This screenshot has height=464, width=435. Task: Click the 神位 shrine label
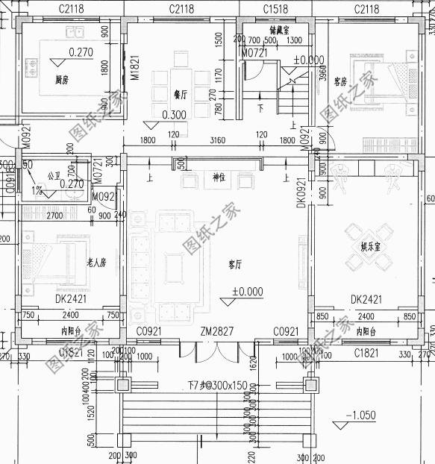pos(218,177)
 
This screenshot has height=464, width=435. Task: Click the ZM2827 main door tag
pos(216,330)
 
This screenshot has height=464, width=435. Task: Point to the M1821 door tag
pos(136,68)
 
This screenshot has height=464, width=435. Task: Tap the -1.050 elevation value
pos(361,415)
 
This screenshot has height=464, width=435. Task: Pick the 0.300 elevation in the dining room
pos(174,115)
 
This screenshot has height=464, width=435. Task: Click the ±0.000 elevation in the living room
pos(247,292)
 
